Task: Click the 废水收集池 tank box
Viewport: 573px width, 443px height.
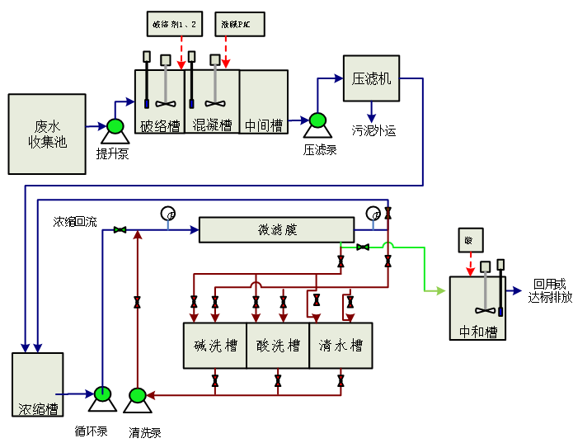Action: click(47, 134)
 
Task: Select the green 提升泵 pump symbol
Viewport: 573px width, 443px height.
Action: click(114, 126)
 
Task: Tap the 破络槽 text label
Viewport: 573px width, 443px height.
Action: click(159, 125)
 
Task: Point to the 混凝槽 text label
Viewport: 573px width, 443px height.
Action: click(212, 125)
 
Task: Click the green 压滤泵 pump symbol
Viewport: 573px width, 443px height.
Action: click(316, 120)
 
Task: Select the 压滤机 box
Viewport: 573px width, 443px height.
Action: click(371, 78)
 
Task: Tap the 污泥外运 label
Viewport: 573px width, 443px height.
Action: click(373, 130)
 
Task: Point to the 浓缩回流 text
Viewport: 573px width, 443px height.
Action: click(75, 222)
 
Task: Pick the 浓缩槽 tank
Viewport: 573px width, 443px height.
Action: click(38, 384)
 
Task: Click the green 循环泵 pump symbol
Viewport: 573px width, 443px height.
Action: click(103, 394)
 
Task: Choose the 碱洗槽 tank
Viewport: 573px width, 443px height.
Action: click(214, 345)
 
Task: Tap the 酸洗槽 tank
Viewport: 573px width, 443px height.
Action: click(278, 345)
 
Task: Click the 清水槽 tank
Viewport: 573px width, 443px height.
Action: click(341, 345)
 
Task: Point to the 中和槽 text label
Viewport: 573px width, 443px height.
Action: click(477, 332)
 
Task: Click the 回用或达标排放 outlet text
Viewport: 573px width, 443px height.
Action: click(549, 290)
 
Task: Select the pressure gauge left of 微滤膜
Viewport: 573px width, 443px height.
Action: click(168, 213)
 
